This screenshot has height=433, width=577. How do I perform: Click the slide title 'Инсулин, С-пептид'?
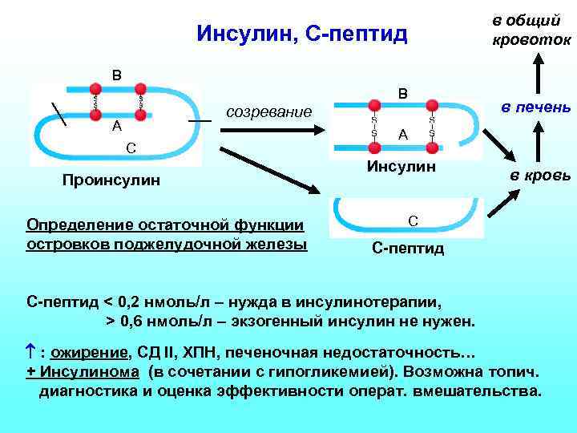click(x=302, y=34)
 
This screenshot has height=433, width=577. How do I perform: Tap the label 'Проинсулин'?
click(x=111, y=180)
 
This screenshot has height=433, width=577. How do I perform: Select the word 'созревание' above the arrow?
click(x=269, y=111)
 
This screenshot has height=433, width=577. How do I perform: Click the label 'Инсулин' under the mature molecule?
click(x=401, y=167)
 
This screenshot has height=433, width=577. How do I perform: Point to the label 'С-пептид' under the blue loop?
click(x=408, y=248)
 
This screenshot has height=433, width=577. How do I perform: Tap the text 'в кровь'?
click(x=541, y=175)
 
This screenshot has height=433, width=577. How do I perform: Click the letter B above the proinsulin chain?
click(x=117, y=76)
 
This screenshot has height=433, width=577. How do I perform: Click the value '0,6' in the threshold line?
click(x=135, y=321)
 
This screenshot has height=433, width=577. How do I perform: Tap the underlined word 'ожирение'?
click(x=89, y=352)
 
